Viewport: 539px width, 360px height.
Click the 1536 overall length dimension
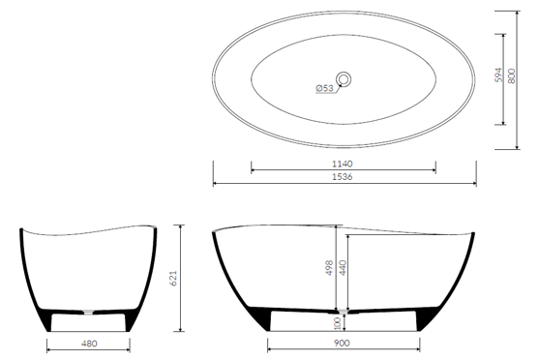click(x=343, y=177)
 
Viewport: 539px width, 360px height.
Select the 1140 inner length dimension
click(x=343, y=164)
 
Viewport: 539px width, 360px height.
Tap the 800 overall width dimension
click(x=512, y=75)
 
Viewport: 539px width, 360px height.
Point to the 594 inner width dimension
click(x=498, y=75)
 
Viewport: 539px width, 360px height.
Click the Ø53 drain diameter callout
click(x=325, y=88)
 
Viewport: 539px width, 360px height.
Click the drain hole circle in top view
click(x=344, y=79)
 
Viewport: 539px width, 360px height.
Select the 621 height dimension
click(x=173, y=278)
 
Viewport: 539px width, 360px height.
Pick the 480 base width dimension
click(x=89, y=344)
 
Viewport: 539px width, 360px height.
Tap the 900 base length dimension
click(x=342, y=343)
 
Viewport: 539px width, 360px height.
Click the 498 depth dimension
click(x=329, y=267)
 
